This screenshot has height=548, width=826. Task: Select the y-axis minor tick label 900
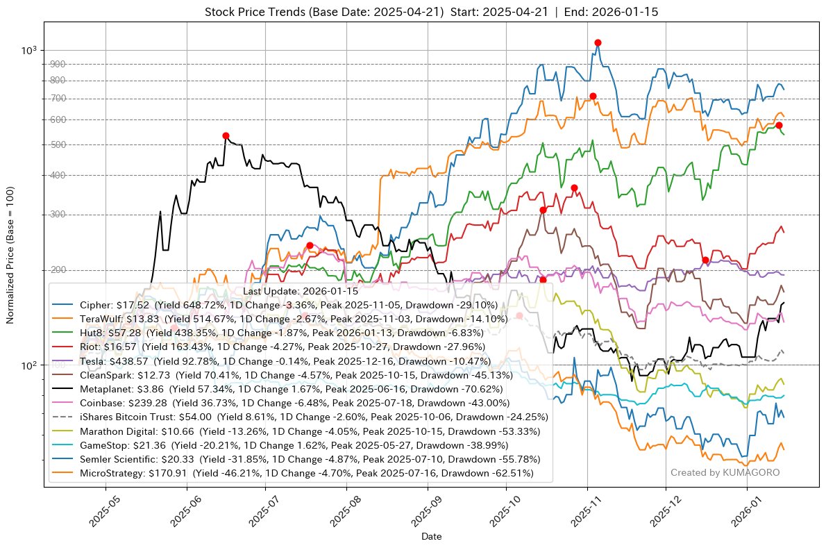[58, 65]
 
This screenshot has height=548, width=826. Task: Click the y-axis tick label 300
[58, 214]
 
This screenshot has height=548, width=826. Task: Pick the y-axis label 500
[58, 144]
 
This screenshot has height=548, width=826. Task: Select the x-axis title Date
[432, 537]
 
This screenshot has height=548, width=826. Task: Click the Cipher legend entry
[289, 305]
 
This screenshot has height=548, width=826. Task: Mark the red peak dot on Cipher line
[598, 43]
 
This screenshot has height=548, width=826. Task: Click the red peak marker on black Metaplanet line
[226, 135]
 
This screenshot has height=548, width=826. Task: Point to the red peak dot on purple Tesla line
[705, 260]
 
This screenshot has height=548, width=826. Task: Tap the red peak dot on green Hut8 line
[779, 125]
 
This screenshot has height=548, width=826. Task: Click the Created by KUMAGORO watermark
[725, 472]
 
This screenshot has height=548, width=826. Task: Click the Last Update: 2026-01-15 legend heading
[301, 291]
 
